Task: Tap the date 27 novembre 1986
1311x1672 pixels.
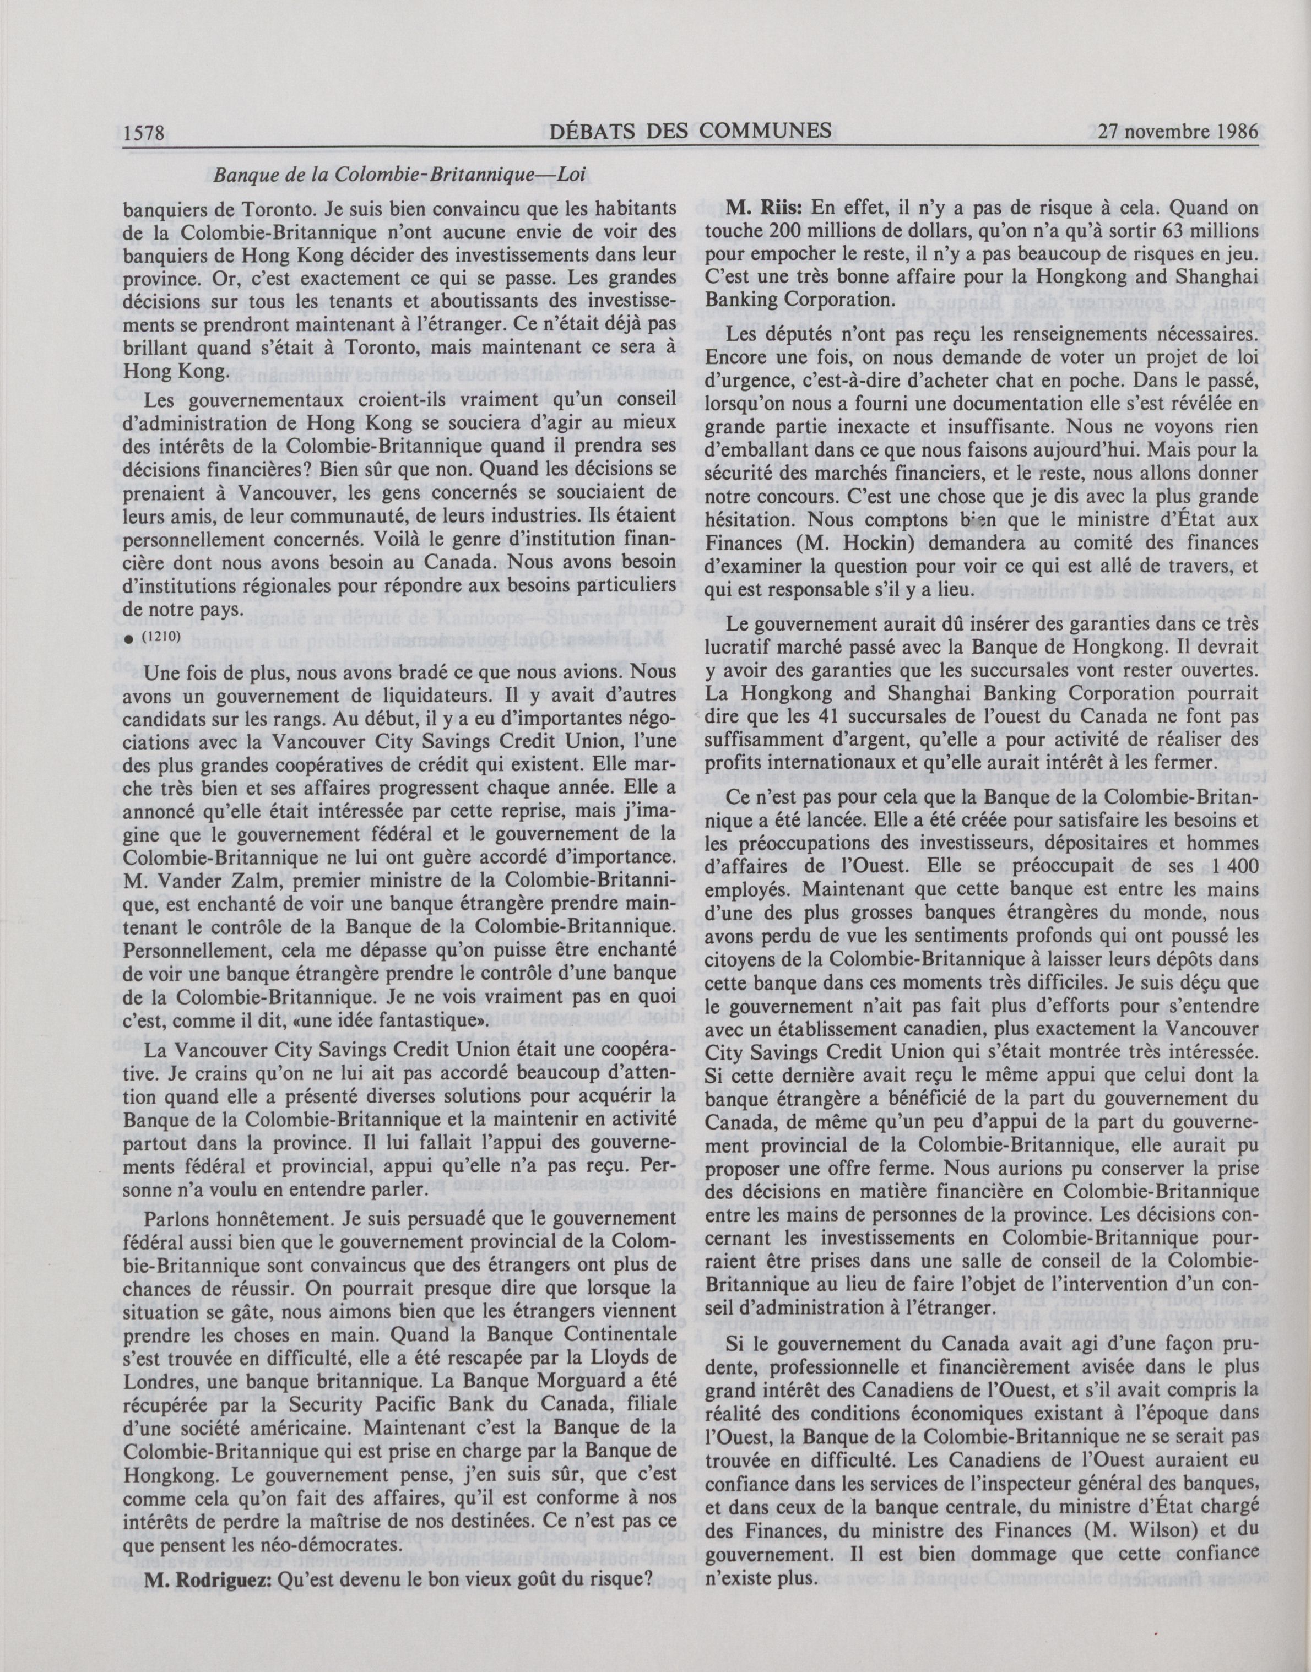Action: tap(1179, 132)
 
